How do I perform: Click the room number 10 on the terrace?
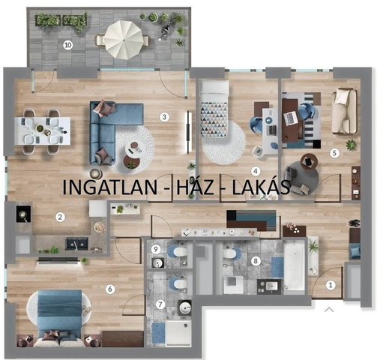coord(68,45)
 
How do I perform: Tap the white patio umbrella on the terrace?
coord(123,39)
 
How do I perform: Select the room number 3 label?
coord(164,117)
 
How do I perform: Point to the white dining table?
coord(42,130)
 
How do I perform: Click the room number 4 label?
coord(256,171)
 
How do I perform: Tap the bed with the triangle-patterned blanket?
coord(215,109)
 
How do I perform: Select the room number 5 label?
coord(334,153)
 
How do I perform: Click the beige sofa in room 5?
coord(344,111)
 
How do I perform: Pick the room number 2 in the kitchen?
coord(60,217)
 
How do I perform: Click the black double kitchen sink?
coord(76,244)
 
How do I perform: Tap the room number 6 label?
coord(110,289)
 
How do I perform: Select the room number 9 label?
coord(156,249)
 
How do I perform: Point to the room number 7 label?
coord(160,304)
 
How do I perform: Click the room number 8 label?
coord(256,261)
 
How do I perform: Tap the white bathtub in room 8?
coord(295,267)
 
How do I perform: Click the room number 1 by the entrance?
coord(331,285)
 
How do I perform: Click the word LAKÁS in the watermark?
coord(261,187)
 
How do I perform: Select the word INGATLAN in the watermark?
coord(109,187)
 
